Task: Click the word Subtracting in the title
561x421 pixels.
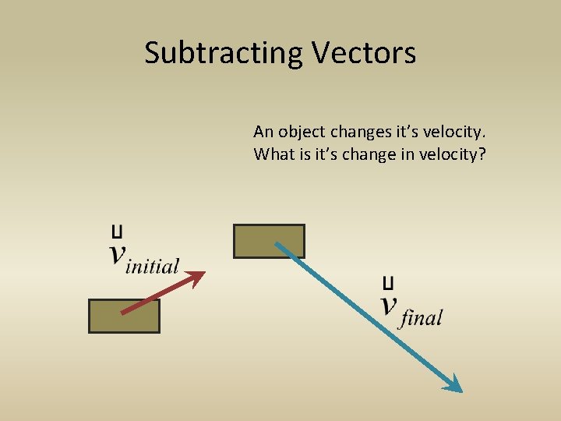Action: click(224, 53)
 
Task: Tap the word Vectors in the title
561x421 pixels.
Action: click(364, 53)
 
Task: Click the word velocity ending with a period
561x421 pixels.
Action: click(460, 131)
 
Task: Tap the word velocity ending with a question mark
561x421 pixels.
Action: click(452, 154)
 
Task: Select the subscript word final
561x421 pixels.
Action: click(421, 317)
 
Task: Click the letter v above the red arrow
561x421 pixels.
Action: click(118, 253)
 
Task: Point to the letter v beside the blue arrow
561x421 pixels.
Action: click(389, 303)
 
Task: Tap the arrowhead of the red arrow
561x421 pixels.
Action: click(198, 275)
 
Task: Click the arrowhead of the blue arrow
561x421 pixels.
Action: click(453, 384)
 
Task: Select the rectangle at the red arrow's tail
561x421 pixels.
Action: click(124, 316)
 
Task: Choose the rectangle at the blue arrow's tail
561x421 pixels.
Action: click(269, 241)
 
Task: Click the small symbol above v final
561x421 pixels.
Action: click(388, 281)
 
